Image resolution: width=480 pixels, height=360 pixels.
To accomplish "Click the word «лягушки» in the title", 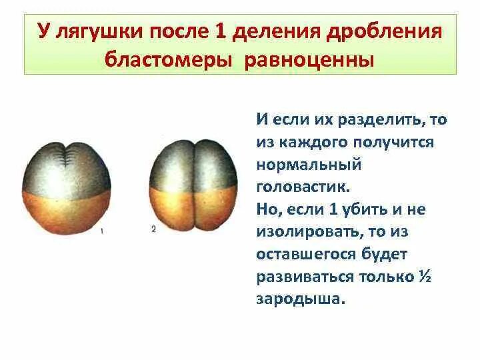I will (x=88, y=32).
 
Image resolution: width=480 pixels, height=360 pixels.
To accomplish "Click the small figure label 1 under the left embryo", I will (x=101, y=231).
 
